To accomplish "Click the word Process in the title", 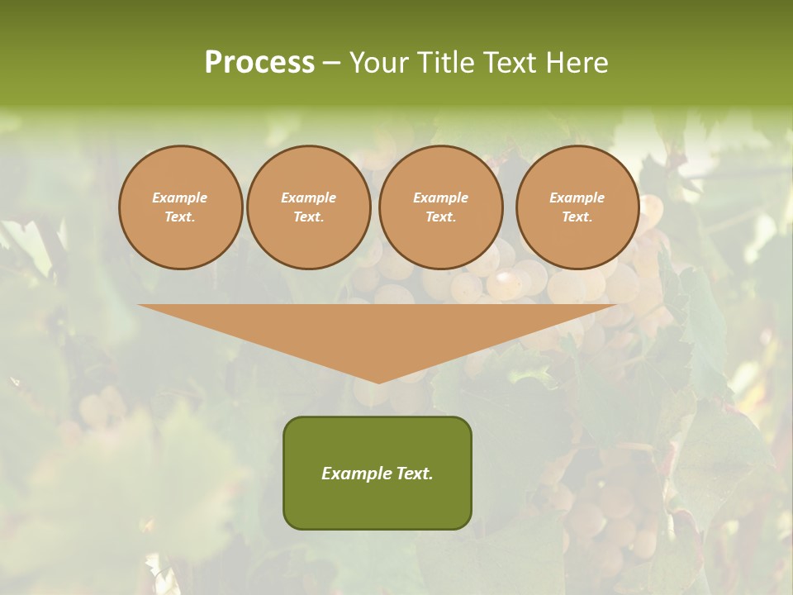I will point(259,63).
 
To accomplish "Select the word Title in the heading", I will point(445,63).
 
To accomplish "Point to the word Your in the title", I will point(381,63).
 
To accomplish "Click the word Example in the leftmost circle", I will point(180,198).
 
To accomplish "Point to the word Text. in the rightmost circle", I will point(577,217).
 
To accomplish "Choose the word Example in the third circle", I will point(440,198).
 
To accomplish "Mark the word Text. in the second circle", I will point(308,217).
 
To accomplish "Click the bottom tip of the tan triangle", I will point(378,382).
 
